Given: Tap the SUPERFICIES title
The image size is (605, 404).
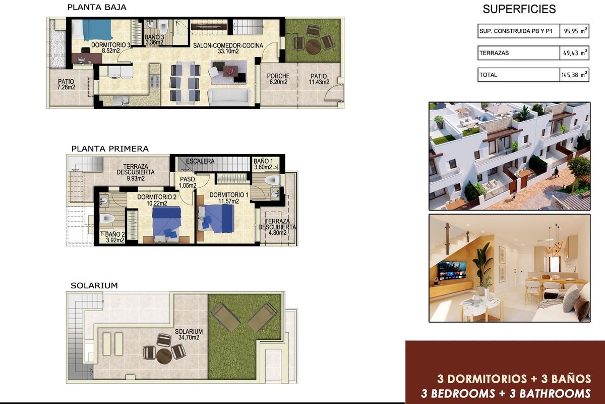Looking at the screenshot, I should [519, 9].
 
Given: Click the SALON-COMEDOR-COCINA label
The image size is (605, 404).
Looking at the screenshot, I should [228, 45].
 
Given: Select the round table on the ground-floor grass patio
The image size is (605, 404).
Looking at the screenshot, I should [313, 45].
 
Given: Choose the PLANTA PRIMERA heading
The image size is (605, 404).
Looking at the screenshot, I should [109, 149].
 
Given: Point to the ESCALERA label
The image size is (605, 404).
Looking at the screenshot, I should [200, 161].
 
